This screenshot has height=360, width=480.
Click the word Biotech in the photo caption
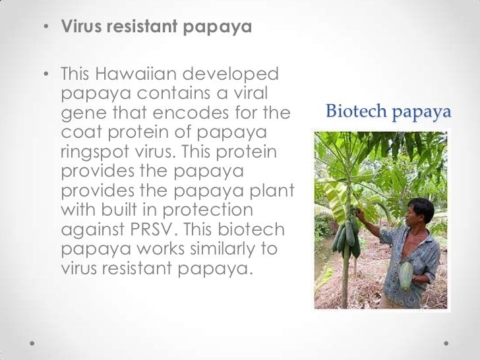[x=357, y=112]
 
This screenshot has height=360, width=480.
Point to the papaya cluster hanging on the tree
[x=347, y=237]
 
